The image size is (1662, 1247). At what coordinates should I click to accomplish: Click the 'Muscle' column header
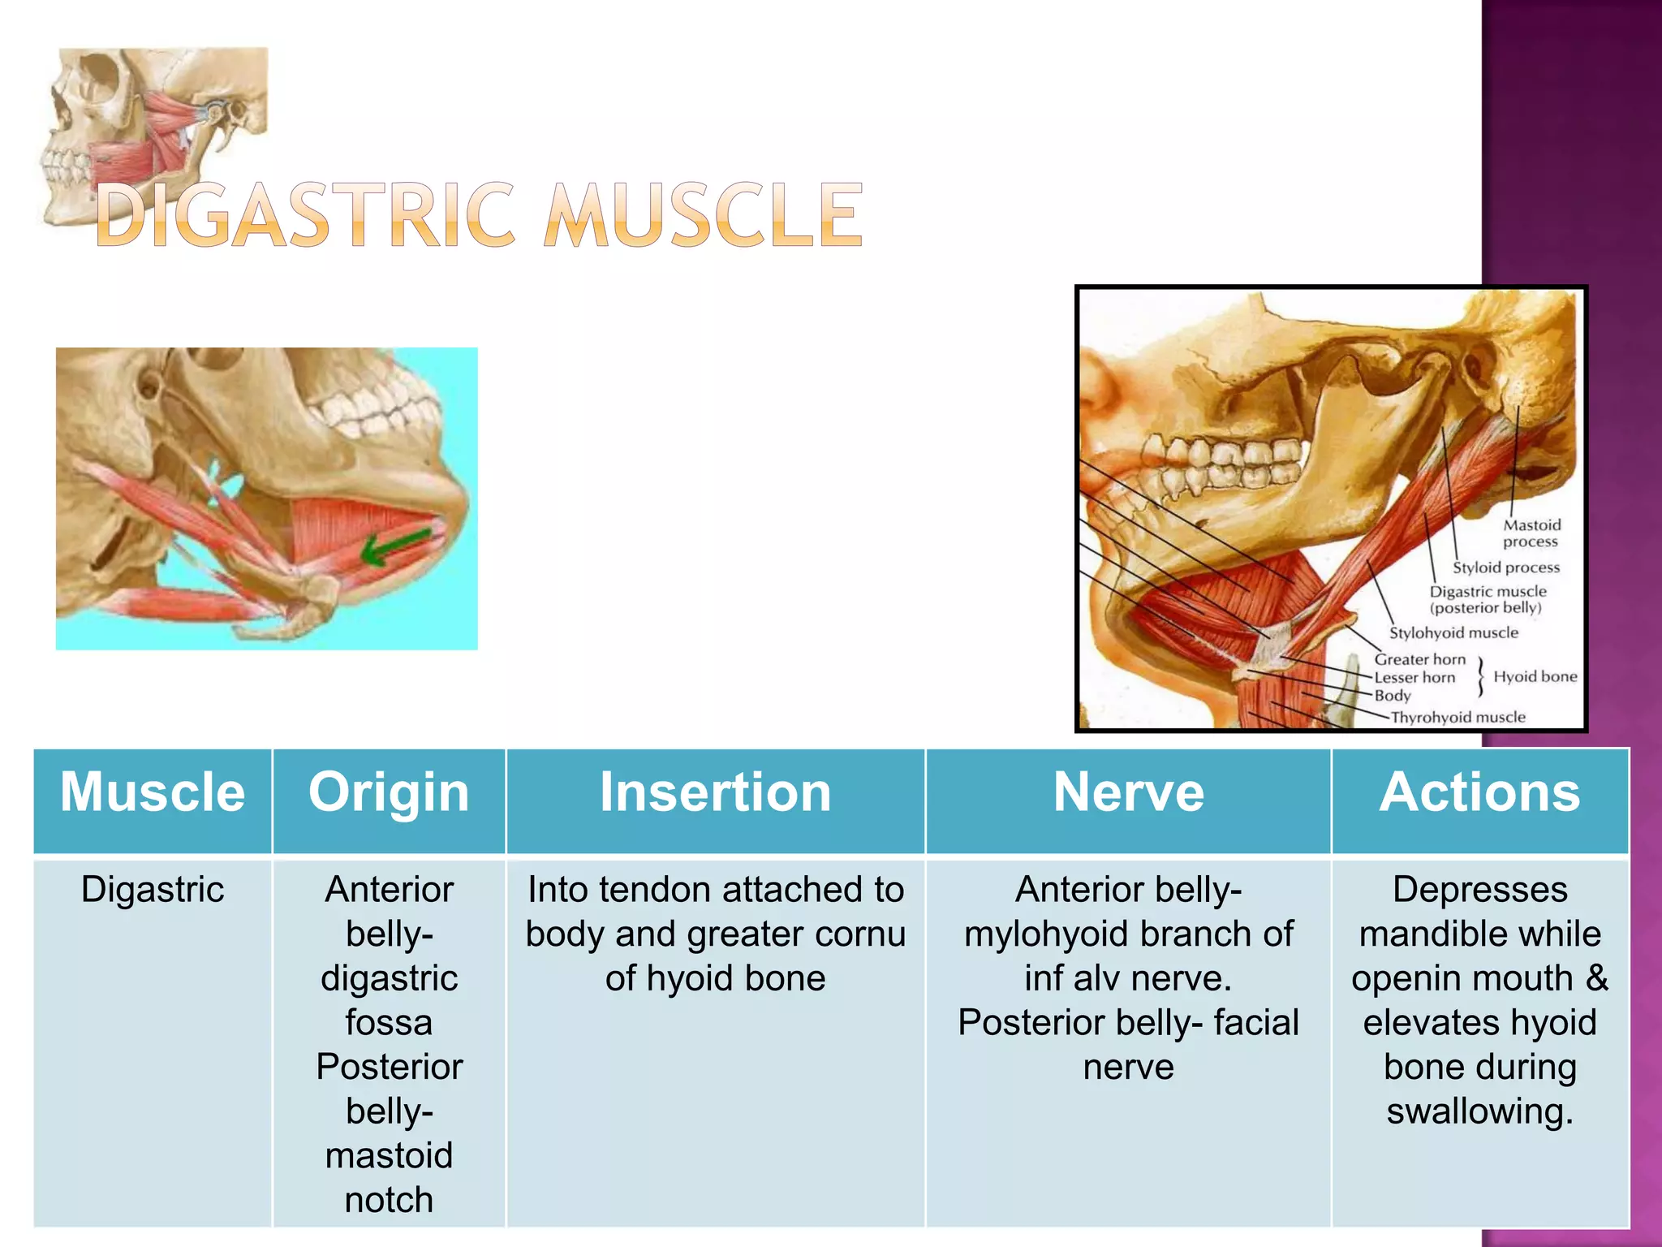click(x=153, y=792)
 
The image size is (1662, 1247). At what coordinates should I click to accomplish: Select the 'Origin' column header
click(x=389, y=792)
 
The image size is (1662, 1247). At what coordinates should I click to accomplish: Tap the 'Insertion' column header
click(x=715, y=792)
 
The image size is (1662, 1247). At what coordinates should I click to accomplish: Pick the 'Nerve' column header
click(x=1128, y=792)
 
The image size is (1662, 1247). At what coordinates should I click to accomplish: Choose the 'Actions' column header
click(x=1479, y=792)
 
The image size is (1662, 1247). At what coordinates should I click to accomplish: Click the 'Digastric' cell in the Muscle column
click(x=153, y=890)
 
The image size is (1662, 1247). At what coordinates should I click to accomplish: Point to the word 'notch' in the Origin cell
click(x=389, y=1200)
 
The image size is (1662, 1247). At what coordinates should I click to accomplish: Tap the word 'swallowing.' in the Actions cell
click(x=1479, y=1111)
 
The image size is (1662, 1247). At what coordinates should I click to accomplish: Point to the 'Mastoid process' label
click(x=1531, y=533)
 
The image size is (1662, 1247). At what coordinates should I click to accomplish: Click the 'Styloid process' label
click(x=1506, y=567)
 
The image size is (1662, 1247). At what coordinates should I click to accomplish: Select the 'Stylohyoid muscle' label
click(x=1453, y=633)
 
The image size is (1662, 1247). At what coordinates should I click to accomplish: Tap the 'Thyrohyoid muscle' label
click(x=1457, y=718)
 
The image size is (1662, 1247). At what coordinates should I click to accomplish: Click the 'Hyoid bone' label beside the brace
click(x=1535, y=677)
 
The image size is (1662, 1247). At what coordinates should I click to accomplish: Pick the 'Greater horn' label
click(x=1419, y=659)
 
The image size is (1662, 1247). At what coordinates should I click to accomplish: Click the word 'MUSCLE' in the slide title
click(x=703, y=216)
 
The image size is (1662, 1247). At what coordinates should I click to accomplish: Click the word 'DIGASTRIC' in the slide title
click(x=305, y=216)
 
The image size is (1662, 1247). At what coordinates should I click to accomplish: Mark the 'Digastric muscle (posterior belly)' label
click(x=1488, y=600)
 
